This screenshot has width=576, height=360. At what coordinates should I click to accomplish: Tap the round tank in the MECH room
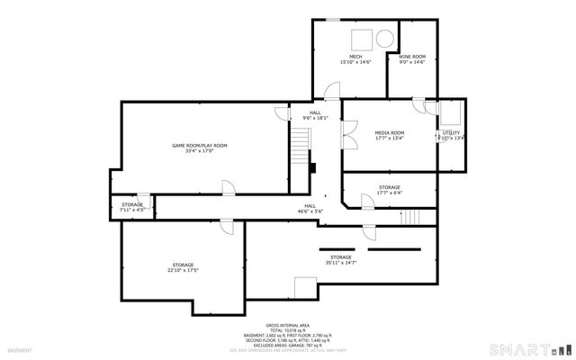pyautogui.click(x=384, y=39)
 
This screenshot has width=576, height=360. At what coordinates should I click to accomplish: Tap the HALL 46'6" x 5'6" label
pyautogui.click(x=310, y=209)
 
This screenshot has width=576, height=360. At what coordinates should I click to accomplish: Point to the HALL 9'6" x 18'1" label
pyautogui.click(x=315, y=115)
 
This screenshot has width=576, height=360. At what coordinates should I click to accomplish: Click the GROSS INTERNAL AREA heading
pyautogui.click(x=287, y=325)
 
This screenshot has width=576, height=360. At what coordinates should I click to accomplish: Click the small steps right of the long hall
pyautogui.click(x=410, y=218)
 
